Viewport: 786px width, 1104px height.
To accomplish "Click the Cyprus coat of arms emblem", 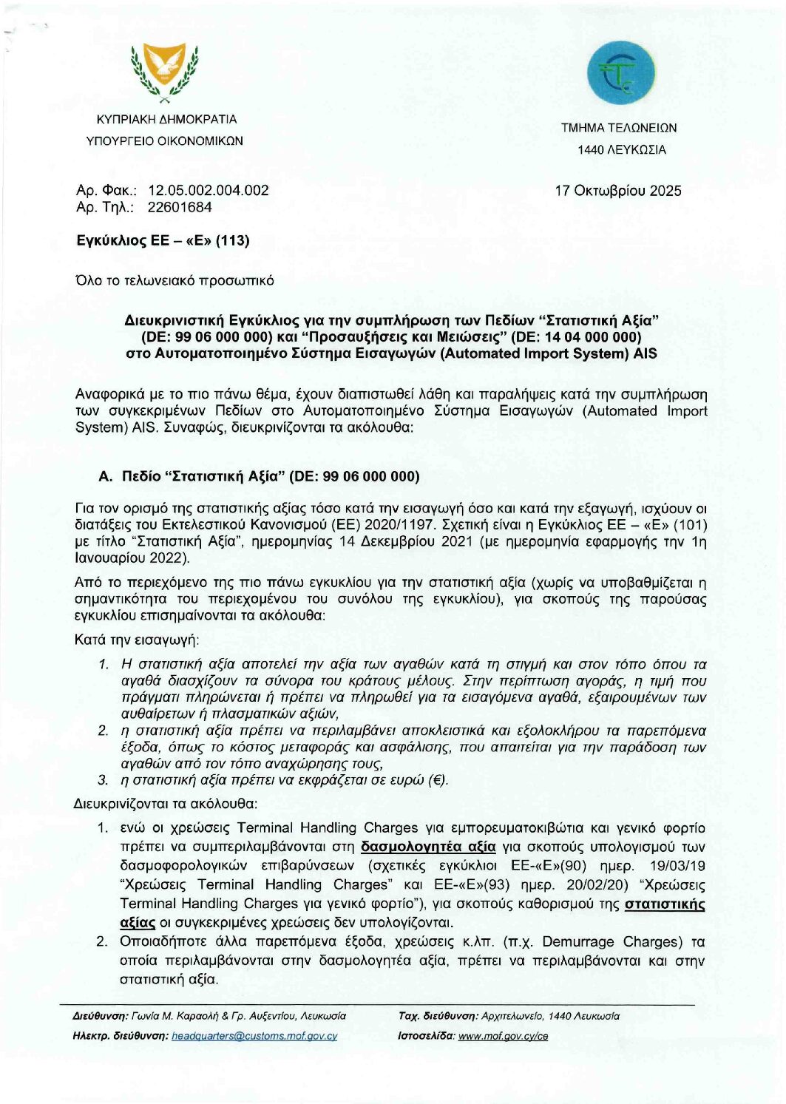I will [164, 72].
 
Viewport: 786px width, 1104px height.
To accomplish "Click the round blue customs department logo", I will [620, 73].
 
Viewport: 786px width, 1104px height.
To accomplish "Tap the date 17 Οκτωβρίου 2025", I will [618, 191].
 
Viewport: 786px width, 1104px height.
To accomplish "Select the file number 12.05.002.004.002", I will [209, 191].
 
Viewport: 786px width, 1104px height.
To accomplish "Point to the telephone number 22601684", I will [180, 208].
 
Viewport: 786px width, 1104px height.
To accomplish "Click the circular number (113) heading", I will [232, 240].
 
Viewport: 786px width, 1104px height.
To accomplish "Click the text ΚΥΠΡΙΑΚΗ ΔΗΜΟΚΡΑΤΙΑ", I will [167, 119].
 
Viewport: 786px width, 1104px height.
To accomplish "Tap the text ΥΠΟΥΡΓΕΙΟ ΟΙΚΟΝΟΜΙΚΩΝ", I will [164, 140].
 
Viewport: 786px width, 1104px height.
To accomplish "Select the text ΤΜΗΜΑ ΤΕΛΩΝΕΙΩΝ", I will [619, 128].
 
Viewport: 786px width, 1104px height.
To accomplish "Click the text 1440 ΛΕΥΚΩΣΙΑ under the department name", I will [622, 150].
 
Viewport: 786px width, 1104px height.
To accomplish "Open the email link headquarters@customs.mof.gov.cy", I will [254, 1036].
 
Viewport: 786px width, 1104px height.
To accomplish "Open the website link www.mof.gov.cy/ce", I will [503, 1036].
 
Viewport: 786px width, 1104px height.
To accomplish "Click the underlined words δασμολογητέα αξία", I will [428, 847].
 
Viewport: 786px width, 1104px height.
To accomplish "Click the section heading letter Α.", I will [104, 477].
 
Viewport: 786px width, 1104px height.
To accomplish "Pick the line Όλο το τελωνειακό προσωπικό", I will [175, 280].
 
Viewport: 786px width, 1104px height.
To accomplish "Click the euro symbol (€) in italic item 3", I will [436, 780].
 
